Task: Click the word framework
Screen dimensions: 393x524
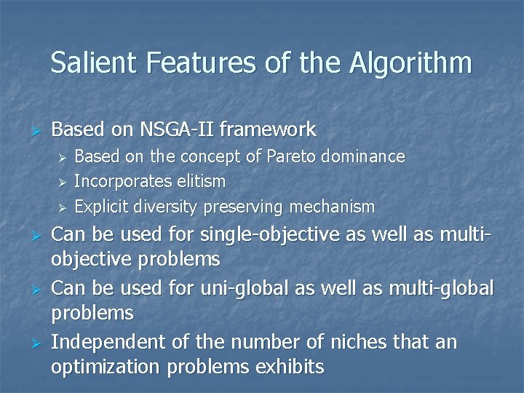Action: click(x=267, y=130)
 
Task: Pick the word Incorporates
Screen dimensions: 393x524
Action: click(x=122, y=181)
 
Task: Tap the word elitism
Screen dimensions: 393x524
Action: click(x=199, y=181)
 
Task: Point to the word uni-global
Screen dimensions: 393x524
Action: click(x=248, y=289)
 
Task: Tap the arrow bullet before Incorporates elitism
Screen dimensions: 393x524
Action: click(x=63, y=182)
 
